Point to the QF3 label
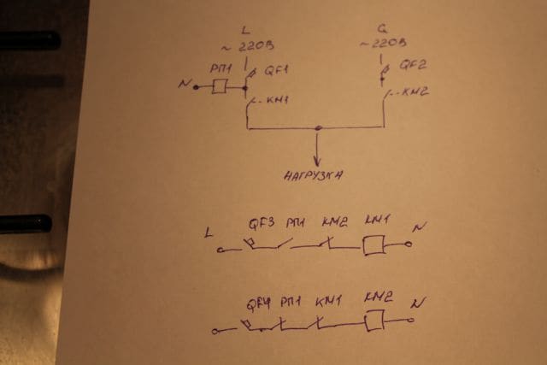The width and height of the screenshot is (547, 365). (262, 225)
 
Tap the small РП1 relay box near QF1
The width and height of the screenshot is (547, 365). (220, 85)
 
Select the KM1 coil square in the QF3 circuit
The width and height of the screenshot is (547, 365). (373, 245)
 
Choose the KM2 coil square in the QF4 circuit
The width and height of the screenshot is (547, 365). (373, 321)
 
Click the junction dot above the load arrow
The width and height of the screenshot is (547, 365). (318, 129)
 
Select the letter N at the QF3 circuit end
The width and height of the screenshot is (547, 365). (417, 227)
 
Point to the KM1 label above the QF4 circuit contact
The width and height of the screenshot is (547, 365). (327, 302)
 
